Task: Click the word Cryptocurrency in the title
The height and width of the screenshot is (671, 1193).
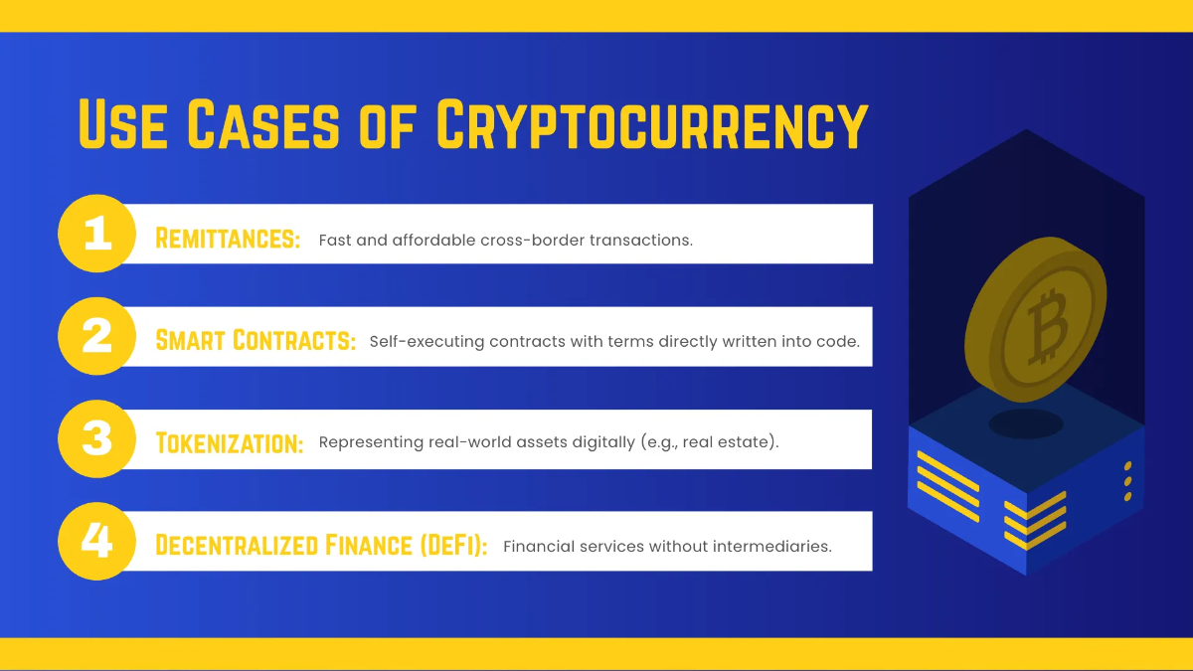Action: (x=652, y=126)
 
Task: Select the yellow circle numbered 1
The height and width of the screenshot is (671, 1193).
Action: (x=95, y=235)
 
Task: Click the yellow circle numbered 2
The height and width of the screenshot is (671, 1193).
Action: (x=95, y=337)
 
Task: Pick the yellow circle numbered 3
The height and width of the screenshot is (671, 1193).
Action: (x=95, y=439)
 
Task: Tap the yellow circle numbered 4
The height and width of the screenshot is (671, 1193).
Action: (x=95, y=542)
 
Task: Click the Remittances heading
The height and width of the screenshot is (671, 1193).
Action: (x=228, y=239)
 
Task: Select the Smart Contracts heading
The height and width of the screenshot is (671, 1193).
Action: (x=256, y=341)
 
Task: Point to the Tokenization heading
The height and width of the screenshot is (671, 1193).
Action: (x=230, y=443)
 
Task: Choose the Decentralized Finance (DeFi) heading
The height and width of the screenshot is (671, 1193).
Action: (x=321, y=546)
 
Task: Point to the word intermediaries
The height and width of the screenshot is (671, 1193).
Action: (x=771, y=546)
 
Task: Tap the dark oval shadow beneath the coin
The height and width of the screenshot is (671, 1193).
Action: (x=1025, y=423)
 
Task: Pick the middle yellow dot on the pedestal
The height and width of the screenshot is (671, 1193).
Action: (x=1127, y=481)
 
